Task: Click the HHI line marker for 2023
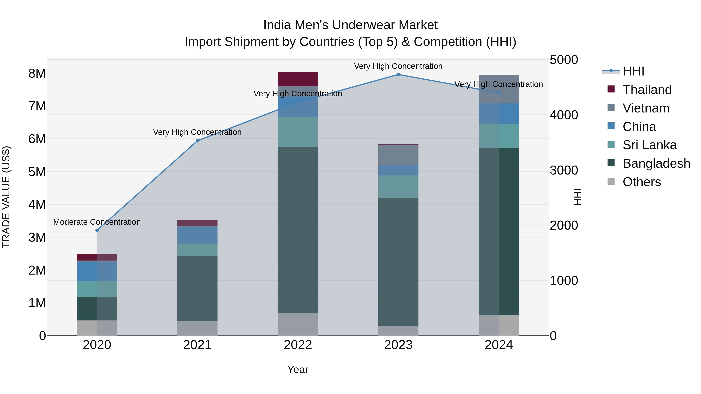click(398, 75)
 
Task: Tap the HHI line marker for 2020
click(97, 230)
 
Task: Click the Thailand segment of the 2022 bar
click(298, 79)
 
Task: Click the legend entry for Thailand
click(647, 90)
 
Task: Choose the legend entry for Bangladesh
click(656, 163)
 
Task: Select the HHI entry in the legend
click(633, 71)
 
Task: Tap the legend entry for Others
click(641, 182)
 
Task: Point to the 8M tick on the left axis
click(37, 73)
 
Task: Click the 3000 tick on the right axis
click(564, 170)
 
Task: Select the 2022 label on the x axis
click(298, 345)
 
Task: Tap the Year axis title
click(298, 369)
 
